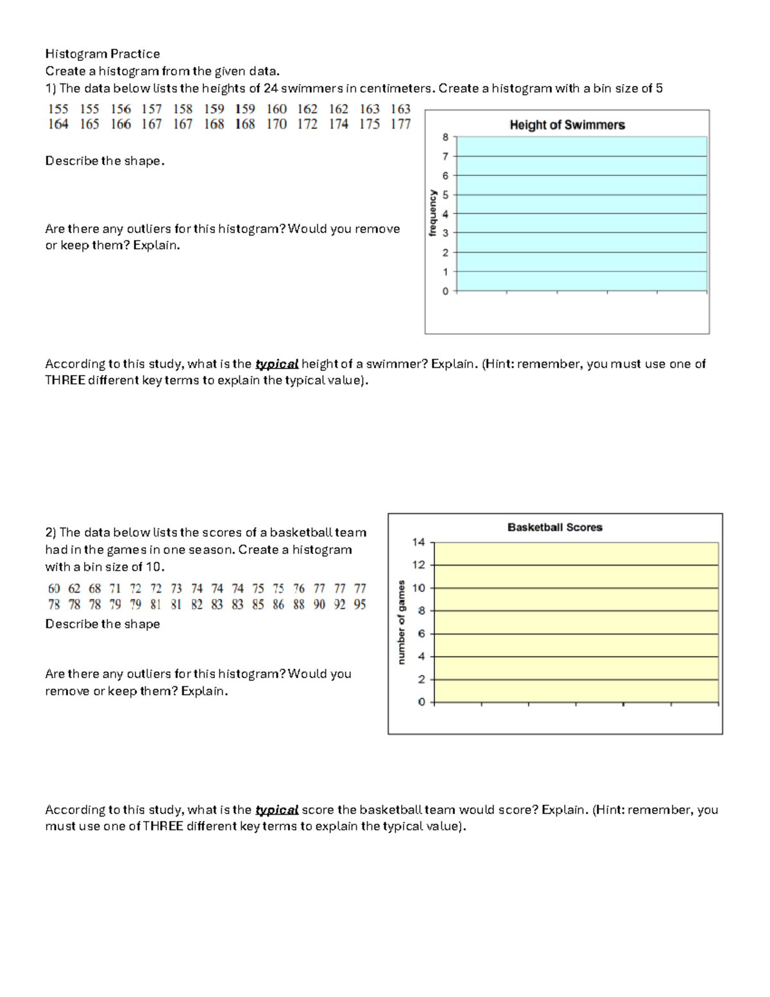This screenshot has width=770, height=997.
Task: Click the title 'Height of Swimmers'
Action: coord(567,125)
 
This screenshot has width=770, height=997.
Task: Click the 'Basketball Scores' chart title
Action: coord(554,527)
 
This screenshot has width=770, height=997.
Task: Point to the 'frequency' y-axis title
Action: coord(432,213)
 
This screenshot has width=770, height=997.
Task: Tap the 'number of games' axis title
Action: coord(402,622)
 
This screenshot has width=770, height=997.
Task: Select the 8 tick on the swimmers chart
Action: coord(445,137)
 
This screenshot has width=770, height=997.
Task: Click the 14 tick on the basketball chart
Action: coord(418,542)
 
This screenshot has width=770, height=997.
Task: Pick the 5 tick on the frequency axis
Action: coord(445,195)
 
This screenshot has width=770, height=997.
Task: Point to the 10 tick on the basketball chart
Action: coord(418,588)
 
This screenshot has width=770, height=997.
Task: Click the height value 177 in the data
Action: coord(400,125)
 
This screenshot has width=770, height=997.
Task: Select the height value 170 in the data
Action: coord(276,125)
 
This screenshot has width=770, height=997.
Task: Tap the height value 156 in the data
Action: coord(120,109)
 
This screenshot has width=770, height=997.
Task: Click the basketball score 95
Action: coord(360,605)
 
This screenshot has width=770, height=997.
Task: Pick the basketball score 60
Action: coord(54,589)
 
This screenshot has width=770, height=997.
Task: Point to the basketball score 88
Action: coord(298,605)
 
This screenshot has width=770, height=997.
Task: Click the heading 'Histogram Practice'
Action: coord(102,54)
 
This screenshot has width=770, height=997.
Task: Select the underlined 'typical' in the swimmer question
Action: coord(277,364)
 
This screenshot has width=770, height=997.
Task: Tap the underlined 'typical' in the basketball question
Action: coord(277,810)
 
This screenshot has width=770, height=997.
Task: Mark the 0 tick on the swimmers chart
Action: coord(445,291)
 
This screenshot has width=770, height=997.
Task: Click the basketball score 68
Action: coord(95,589)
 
